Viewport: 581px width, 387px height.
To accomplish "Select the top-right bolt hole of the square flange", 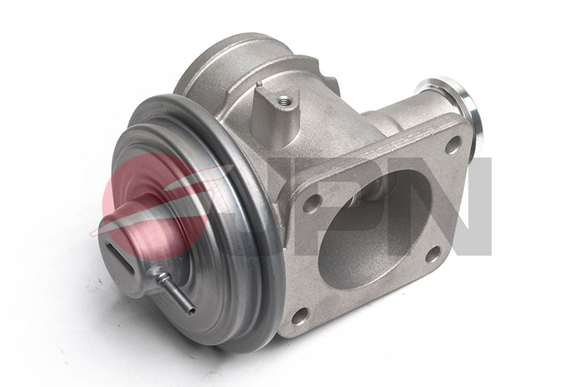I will (x=452, y=145).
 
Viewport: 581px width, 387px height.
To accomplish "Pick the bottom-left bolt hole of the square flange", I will (x=299, y=314).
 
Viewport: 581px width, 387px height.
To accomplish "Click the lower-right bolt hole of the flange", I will (x=433, y=254).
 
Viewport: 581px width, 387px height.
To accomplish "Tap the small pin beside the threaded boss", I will (x=259, y=85).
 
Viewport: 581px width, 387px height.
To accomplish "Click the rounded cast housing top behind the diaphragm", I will (x=218, y=65).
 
